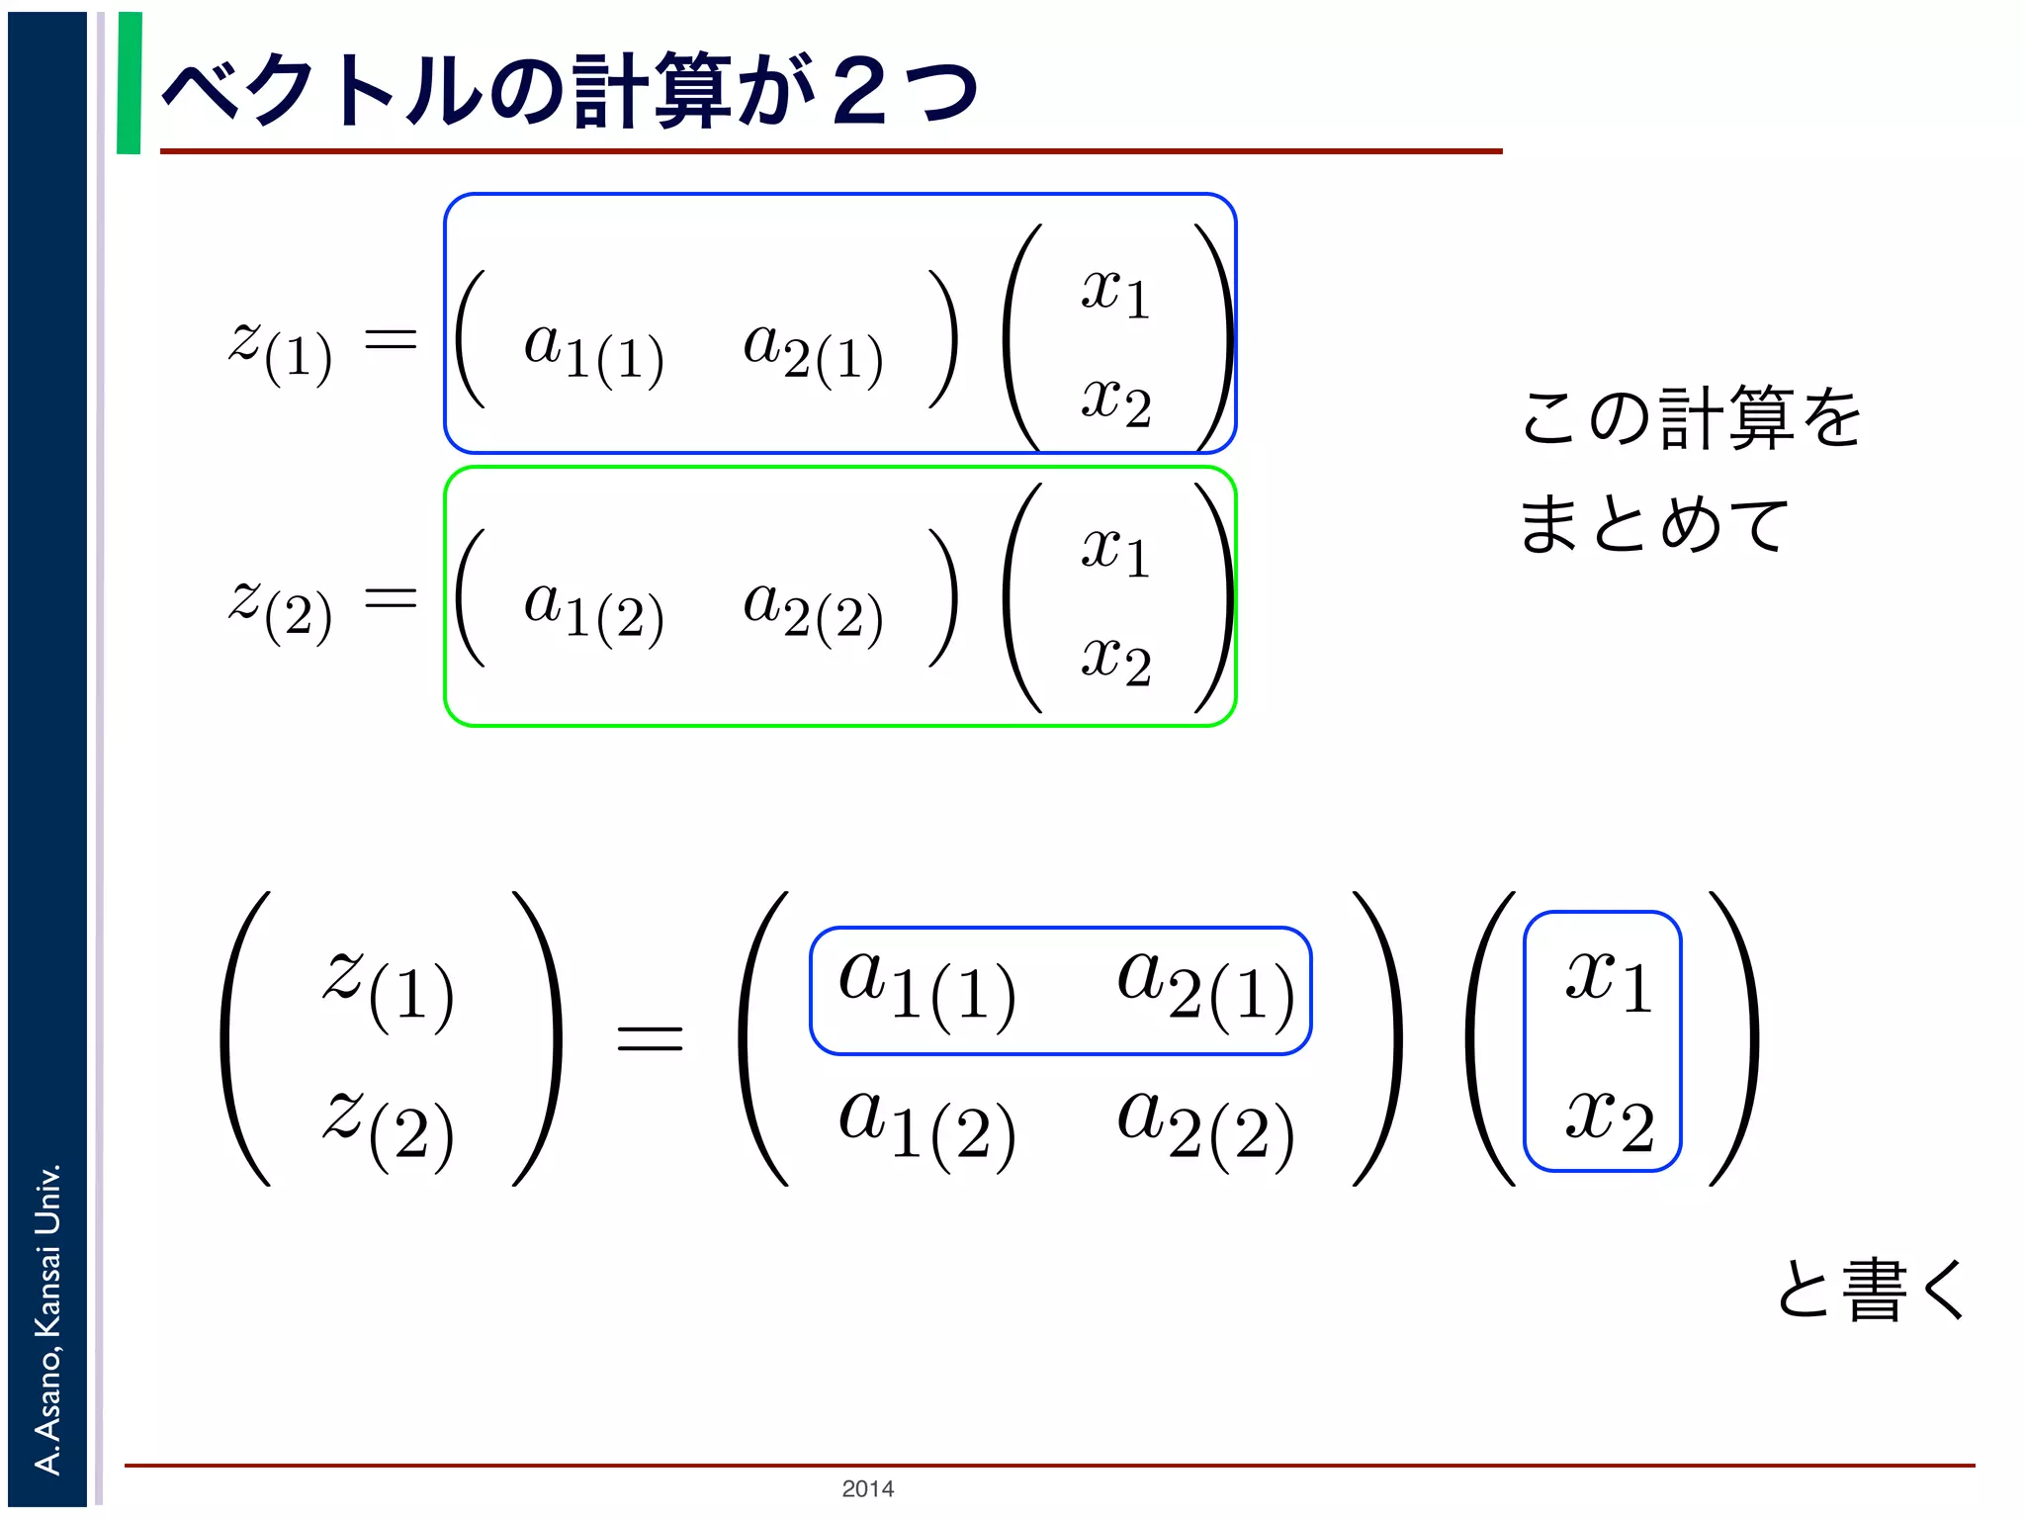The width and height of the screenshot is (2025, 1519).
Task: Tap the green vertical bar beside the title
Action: (129, 83)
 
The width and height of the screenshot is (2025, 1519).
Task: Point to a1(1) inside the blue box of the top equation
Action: (593, 351)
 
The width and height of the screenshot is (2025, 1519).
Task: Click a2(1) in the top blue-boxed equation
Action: (813, 351)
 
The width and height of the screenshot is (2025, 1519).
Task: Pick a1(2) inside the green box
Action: (593, 610)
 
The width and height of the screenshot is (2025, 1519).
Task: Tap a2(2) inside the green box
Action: (813, 610)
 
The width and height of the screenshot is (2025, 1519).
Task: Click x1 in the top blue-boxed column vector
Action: (1115, 294)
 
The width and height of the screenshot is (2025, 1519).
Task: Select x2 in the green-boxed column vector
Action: (1115, 661)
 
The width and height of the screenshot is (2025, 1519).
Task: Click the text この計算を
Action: (1691, 418)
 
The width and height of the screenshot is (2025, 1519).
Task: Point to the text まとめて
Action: (1653, 524)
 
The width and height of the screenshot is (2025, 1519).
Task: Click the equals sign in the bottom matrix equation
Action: (650, 1037)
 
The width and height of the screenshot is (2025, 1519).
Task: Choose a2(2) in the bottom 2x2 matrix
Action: (1205, 1127)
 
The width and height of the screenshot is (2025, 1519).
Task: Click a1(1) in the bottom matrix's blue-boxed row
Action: (926, 989)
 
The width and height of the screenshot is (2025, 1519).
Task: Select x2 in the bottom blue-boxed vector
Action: (1609, 1122)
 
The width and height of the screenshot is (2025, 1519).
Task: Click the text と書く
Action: (1871, 1290)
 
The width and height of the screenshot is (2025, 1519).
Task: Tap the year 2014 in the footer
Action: (867, 1488)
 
